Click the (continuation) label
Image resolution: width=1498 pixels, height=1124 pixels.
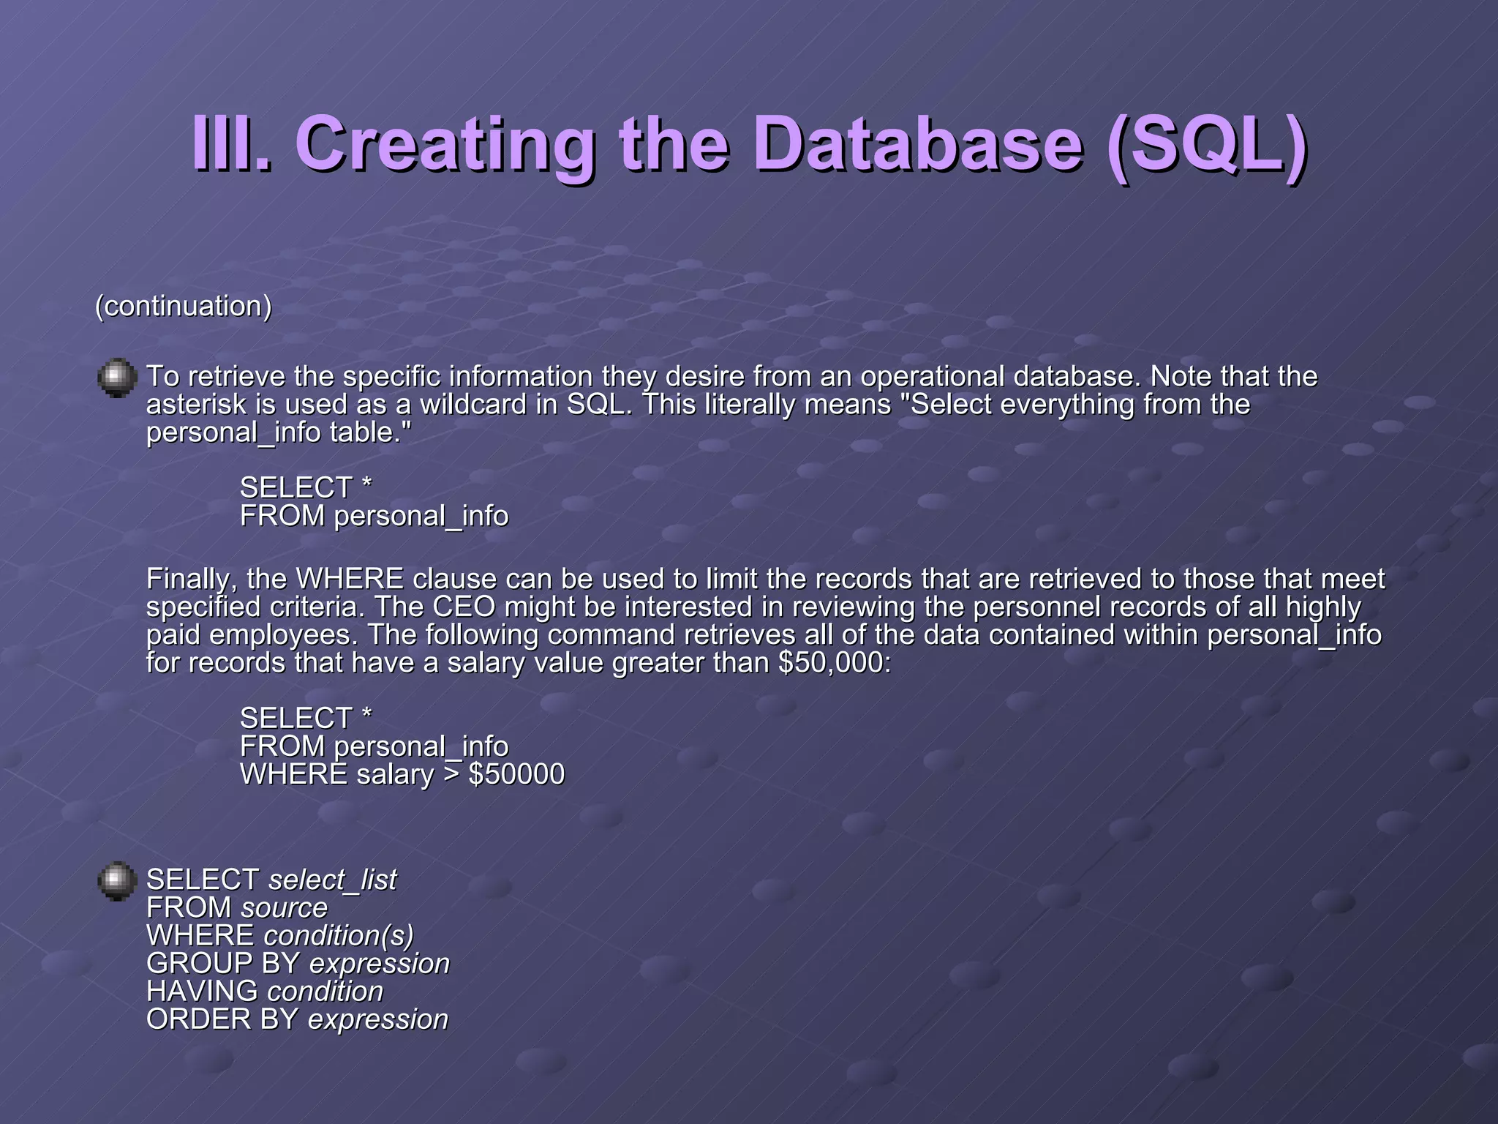pyautogui.click(x=184, y=306)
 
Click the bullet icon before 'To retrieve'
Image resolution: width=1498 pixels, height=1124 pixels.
pyautogui.click(x=117, y=378)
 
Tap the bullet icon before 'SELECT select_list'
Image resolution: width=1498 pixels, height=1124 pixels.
pyautogui.click(x=117, y=881)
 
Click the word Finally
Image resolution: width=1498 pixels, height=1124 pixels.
pyautogui.click(x=192, y=580)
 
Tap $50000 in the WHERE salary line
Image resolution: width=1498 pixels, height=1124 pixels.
pyautogui.click(x=516, y=775)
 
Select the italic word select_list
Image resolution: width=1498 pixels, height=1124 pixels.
pyautogui.click(x=332, y=880)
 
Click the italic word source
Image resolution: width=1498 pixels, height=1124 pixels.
pyautogui.click(x=284, y=908)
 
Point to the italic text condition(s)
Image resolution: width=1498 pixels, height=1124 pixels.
pyautogui.click(x=338, y=936)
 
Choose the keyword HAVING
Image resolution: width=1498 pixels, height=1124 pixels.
pyautogui.click(x=202, y=992)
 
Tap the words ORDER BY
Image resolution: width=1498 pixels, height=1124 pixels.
pyautogui.click(x=222, y=1019)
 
